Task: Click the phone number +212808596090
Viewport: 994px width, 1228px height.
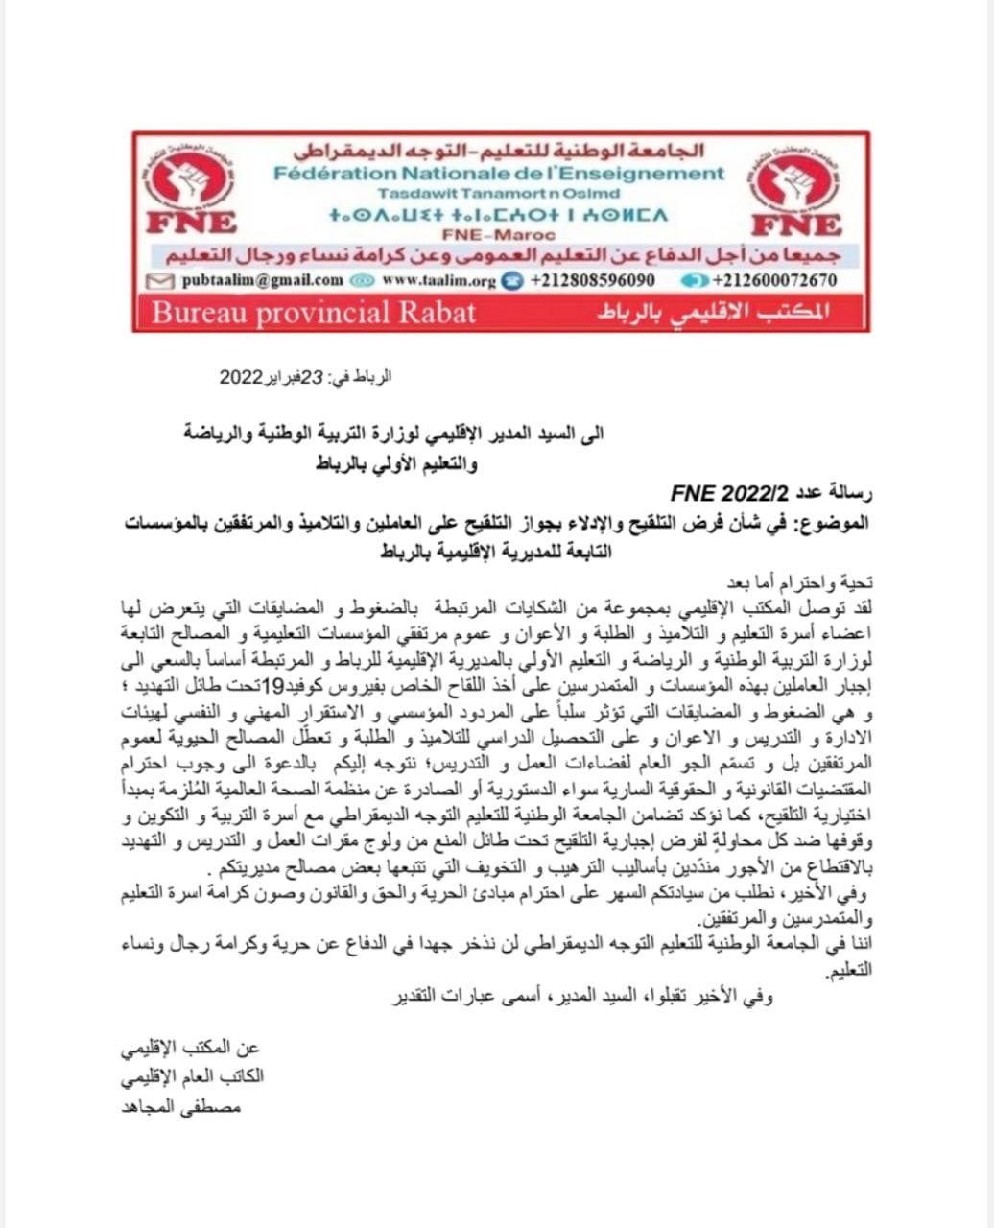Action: coord(593,280)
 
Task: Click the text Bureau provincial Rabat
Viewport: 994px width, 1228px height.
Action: coord(314,312)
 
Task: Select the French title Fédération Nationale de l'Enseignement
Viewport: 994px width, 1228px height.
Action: coord(499,174)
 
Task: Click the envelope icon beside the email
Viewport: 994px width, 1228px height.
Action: coord(162,280)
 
